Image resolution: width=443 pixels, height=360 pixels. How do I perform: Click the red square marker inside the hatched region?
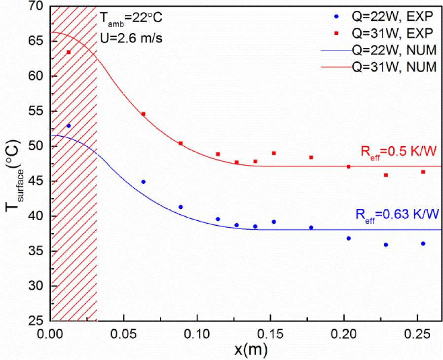point(69,52)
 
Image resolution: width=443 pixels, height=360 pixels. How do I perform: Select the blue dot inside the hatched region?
point(69,126)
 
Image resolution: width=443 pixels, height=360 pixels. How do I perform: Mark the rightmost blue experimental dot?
point(423,243)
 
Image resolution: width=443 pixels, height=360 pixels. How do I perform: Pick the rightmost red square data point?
point(423,172)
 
